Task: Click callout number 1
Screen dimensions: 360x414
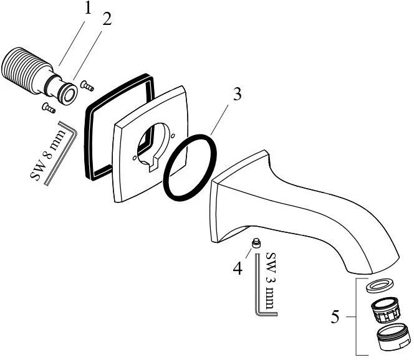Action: tap(88, 9)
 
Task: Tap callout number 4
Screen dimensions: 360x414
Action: tap(238, 268)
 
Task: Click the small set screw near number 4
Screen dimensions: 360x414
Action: tap(255, 242)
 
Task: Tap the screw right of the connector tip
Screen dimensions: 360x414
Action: tap(87, 87)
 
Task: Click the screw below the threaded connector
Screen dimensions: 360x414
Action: tap(47, 107)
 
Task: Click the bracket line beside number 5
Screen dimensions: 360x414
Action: tap(357, 317)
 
